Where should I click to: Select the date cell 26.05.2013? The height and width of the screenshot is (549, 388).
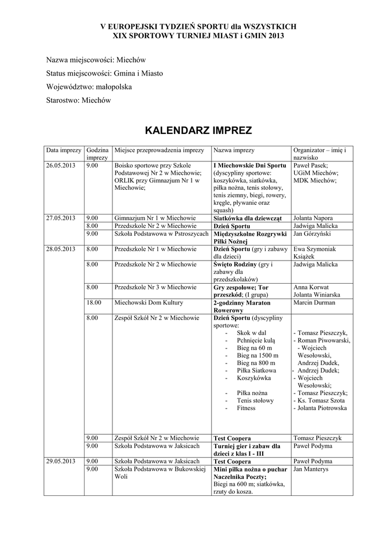[x=61, y=166]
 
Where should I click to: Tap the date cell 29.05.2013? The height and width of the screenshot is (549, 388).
[x=61, y=461]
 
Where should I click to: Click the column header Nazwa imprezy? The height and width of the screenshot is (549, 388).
[x=234, y=151]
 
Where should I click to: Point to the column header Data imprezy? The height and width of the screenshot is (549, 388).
[x=63, y=151]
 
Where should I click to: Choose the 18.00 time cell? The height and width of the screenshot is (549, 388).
[x=94, y=303]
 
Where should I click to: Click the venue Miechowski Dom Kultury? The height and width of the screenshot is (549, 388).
[x=149, y=303]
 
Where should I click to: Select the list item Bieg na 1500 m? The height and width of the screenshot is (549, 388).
[x=258, y=355]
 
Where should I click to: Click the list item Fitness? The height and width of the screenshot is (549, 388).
[x=247, y=408]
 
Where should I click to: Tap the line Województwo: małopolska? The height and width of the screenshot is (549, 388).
[x=89, y=86]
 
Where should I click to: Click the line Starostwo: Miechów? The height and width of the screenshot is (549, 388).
[x=79, y=100]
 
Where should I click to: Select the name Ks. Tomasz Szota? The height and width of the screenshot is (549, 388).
[x=320, y=400]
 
